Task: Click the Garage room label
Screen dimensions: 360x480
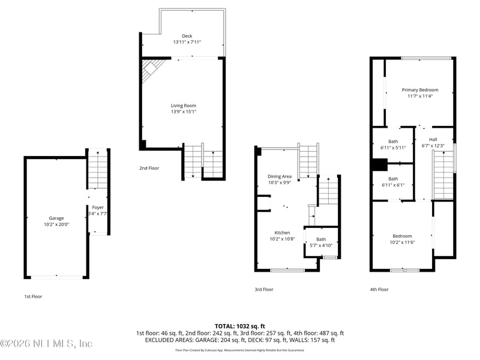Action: (x=56, y=218)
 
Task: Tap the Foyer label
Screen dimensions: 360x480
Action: (x=97, y=208)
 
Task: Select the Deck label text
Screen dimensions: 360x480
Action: (x=182, y=36)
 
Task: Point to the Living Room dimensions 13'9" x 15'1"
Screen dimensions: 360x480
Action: (x=184, y=112)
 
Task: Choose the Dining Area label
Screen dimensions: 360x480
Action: (x=279, y=176)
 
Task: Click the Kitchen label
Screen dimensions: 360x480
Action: (x=282, y=233)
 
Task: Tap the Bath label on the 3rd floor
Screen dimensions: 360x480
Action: (x=321, y=239)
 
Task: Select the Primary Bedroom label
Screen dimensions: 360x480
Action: (x=419, y=90)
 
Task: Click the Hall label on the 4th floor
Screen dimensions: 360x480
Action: (x=433, y=139)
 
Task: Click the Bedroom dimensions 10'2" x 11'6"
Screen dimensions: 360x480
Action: (x=402, y=242)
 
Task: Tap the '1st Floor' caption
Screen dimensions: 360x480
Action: (x=33, y=296)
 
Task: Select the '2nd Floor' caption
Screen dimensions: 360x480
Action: (x=149, y=169)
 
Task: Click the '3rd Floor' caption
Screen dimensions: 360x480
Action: (x=264, y=289)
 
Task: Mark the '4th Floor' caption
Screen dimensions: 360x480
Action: (x=379, y=289)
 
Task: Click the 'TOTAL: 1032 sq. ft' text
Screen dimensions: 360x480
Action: (x=240, y=326)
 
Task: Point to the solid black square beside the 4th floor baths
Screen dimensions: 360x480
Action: (x=379, y=164)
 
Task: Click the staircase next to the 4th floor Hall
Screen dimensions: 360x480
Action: (x=443, y=175)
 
